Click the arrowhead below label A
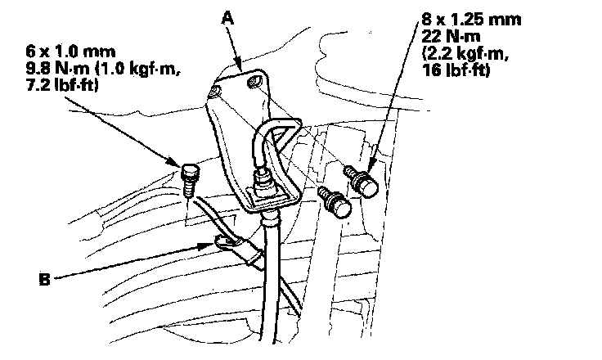(239, 65)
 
